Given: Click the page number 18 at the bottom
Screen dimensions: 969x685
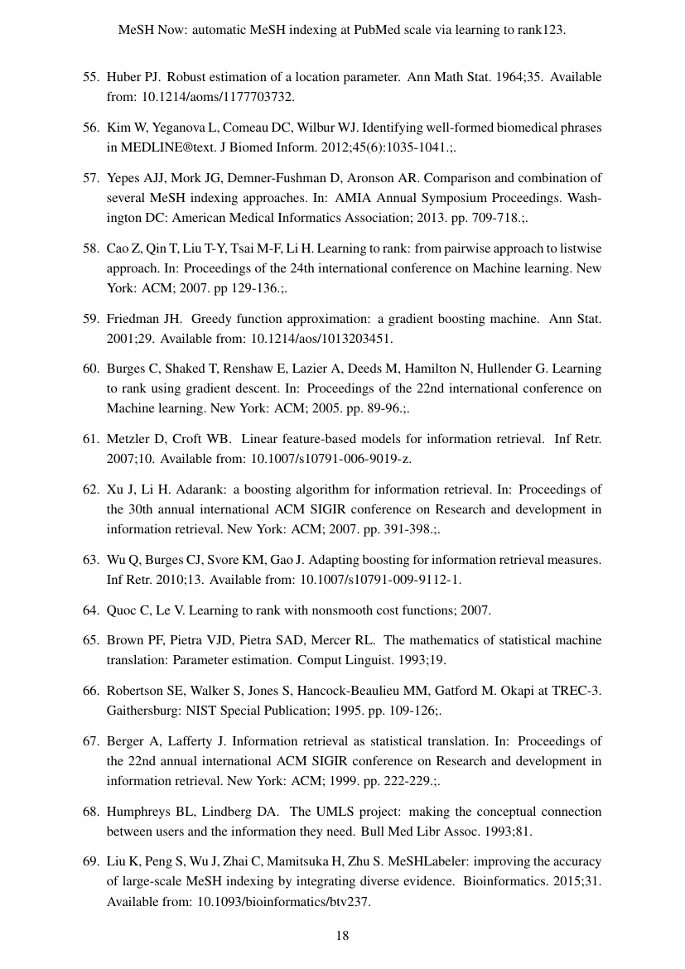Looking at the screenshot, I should [342, 937].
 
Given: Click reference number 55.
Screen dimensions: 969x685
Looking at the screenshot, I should [90, 77].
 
